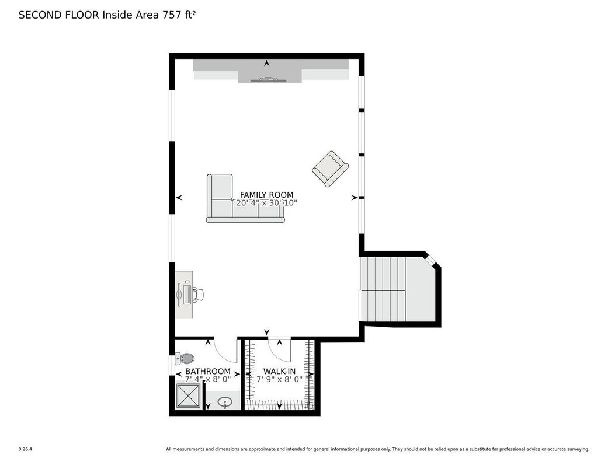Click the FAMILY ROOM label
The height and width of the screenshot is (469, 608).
[x=266, y=195]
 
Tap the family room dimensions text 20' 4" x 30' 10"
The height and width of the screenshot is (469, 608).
[x=266, y=203]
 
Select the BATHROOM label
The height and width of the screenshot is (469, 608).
[x=208, y=371]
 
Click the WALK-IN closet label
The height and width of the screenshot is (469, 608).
[x=279, y=371]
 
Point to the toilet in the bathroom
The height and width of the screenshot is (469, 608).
[x=185, y=358]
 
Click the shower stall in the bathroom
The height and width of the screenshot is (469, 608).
[x=189, y=396]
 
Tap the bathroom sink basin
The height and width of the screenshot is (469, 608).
[x=225, y=402]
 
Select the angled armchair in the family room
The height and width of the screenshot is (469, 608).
[x=331, y=169]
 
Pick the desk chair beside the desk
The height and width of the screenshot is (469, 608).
[x=199, y=295]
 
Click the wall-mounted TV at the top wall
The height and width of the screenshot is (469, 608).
[x=268, y=80]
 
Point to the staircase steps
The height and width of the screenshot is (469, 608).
[x=383, y=289]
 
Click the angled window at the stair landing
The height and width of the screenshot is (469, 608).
[x=431, y=260]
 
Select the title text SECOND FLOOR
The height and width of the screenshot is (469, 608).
[x=59, y=15]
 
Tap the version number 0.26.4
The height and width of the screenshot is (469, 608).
[x=25, y=449]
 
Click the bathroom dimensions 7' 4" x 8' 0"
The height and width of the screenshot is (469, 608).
[x=208, y=379]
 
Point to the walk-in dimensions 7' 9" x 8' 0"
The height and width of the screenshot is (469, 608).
[x=279, y=379]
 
